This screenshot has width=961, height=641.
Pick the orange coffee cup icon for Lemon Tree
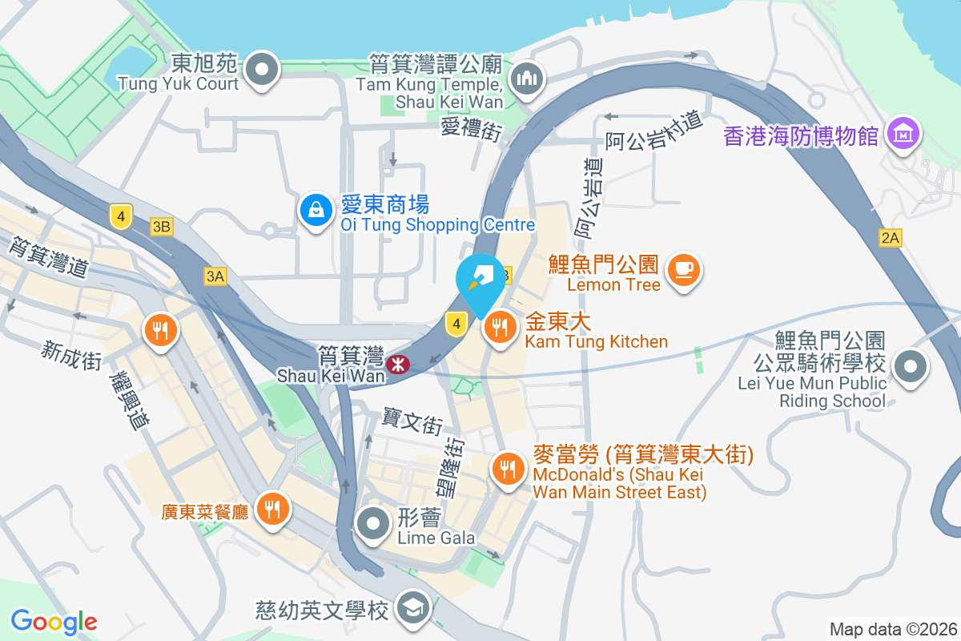pyautogui.click(x=683, y=270)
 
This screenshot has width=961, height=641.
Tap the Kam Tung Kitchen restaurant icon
pyautogui.click(x=501, y=327)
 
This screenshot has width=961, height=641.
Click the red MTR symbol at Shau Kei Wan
pyautogui.click(x=396, y=365)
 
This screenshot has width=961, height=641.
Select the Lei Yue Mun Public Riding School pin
pyautogui.click(x=910, y=368)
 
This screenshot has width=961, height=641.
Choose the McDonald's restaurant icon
pyautogui.click(x=507, y=469)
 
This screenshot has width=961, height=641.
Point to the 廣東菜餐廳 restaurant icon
pyautogui.click(x=272, y=508)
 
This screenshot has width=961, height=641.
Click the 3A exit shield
pyautogui.click(x=215, y=276)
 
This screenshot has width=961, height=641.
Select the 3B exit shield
pyautogui.click(x=161, y=228)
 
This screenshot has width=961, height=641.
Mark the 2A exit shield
pyautogui.click(x=891, y=237)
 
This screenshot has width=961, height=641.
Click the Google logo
pyautogui.click(x=54, y=622)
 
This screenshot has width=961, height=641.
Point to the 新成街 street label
pyautogui.click(x=72, y=355)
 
